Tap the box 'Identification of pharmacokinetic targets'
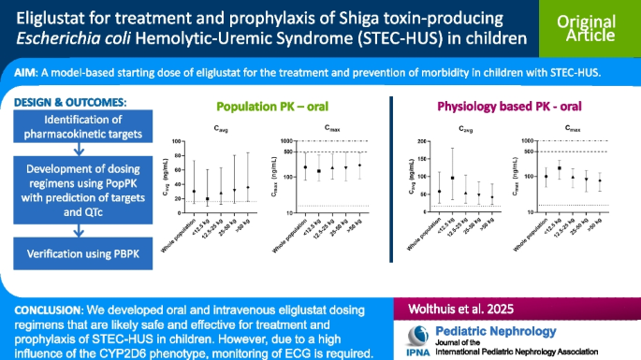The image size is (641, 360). point(81,127)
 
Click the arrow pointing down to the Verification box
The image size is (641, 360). point(81,230)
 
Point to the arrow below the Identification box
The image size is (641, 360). point(81,152)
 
